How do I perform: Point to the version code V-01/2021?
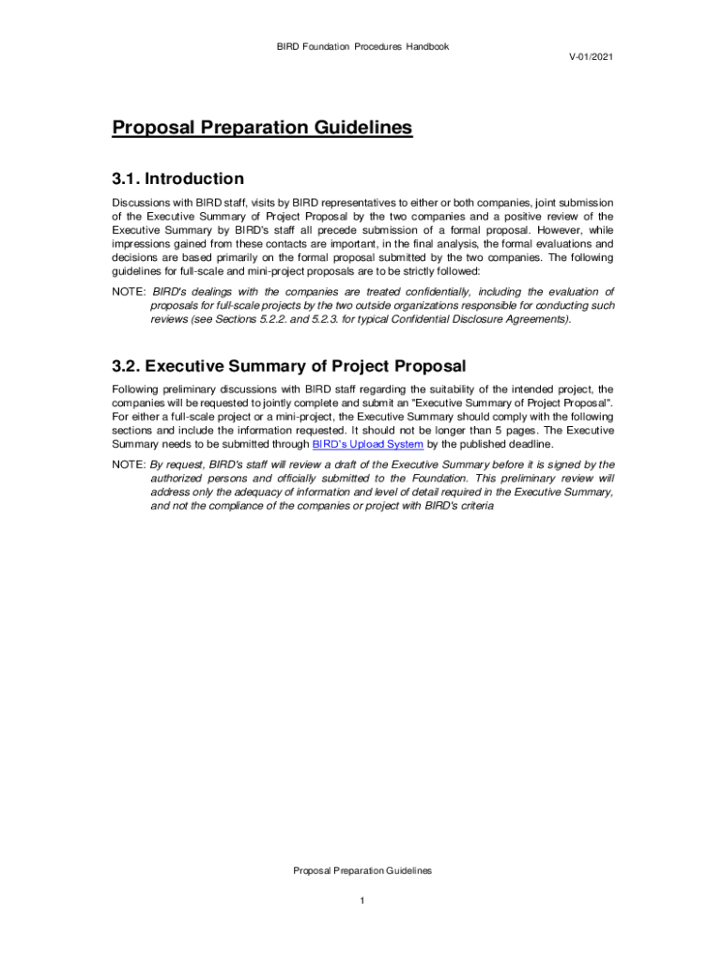pos(591,57)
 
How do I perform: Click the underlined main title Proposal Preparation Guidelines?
pos(262,128)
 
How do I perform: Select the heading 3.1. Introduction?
pos(177,178)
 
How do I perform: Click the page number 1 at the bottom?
pos(361,902)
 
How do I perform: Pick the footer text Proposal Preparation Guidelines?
pos(361,871)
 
